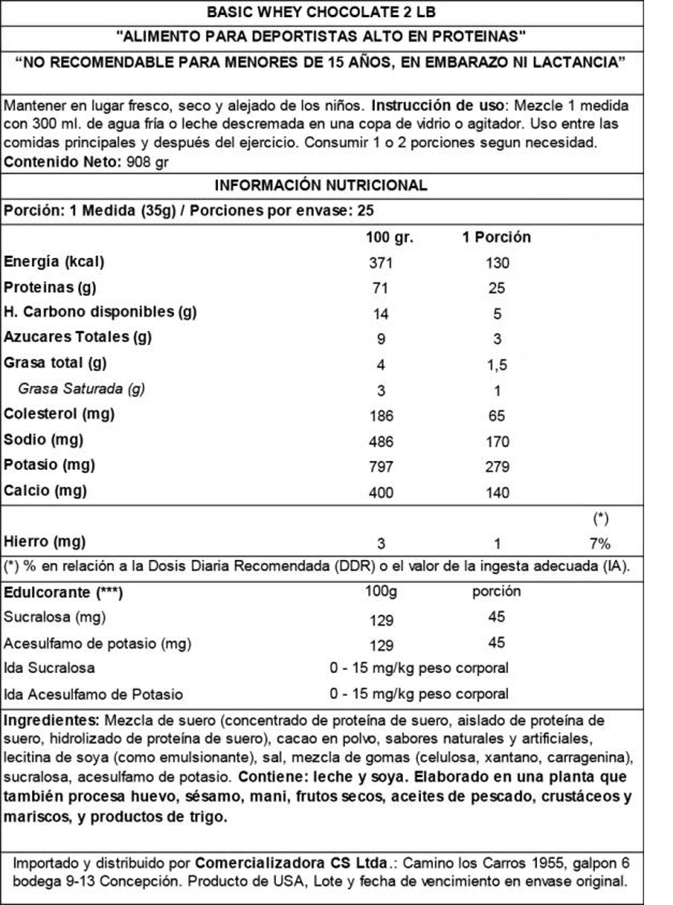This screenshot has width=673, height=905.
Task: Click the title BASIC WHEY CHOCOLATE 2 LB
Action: pos(321,12)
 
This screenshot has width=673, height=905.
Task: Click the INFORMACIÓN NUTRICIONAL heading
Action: pos(321,186)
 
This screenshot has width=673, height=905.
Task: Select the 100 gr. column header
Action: pos(389,237)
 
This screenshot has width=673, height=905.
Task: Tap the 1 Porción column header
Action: pos(496,237)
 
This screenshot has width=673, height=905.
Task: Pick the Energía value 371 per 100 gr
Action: pos(381,263)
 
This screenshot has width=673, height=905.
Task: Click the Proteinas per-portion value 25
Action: pos(497,288)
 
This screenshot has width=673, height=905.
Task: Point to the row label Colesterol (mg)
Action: pos(59,414)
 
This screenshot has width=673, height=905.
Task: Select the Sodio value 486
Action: pos(381,442)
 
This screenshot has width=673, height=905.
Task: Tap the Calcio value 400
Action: pos(381,493)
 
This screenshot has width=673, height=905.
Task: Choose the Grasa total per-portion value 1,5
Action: pos(497,365)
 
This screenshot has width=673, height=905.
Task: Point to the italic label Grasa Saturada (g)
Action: pos(82,389)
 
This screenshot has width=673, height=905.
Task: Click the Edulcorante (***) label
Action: pos(63,593)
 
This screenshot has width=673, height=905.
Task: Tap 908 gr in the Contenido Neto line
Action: pos(147,163)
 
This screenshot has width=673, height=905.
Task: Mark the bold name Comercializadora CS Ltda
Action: pos(291,863)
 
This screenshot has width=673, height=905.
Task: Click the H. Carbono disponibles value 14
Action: pos(380,314)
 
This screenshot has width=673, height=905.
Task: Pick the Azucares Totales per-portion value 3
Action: pos(497,339)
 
